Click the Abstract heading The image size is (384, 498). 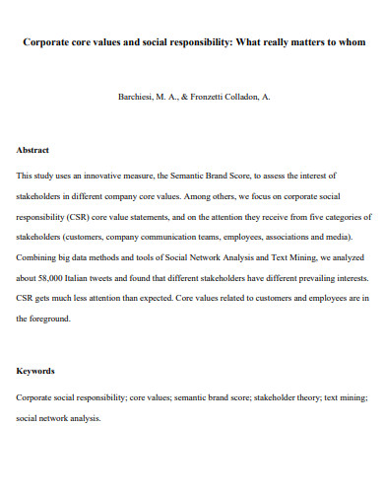tap(32, 151)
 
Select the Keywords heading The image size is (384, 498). tap(35, 371)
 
